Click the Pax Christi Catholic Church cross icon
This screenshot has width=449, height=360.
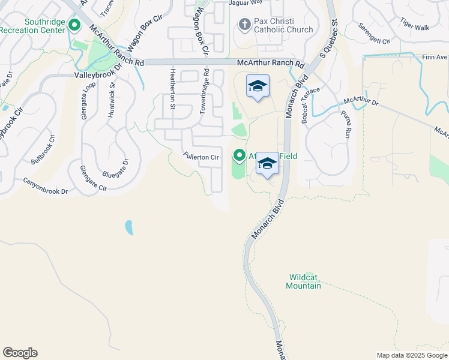coord(244,25)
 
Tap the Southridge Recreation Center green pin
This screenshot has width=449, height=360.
coord(75,25)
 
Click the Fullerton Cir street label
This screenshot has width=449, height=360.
coord(201,157)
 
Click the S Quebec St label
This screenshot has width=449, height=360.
coord(330,41)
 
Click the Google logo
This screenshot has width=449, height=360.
coord(20,353)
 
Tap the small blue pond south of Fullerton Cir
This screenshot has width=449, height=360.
coord(128,227)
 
